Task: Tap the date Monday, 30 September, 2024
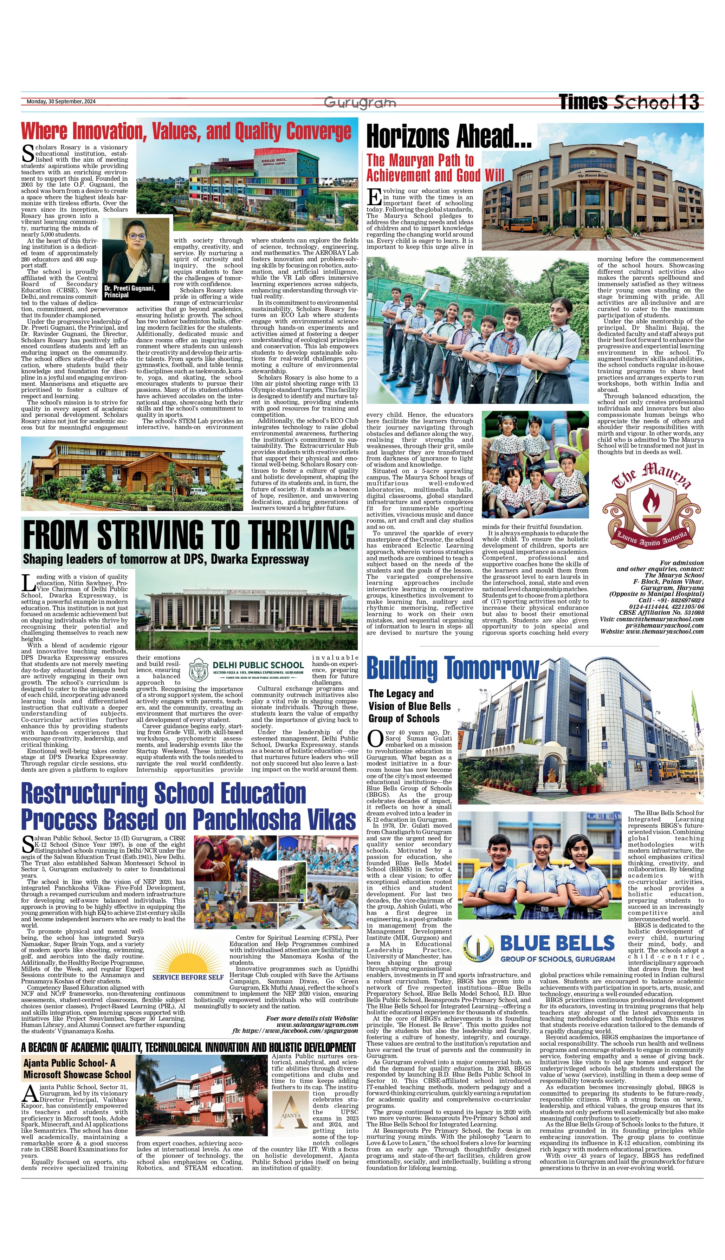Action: (61, 102)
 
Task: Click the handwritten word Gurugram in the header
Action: (360, 103)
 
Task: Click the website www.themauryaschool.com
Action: (665, 631)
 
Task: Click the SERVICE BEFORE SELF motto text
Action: (188, 977)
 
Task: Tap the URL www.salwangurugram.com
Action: (317, 1025)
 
